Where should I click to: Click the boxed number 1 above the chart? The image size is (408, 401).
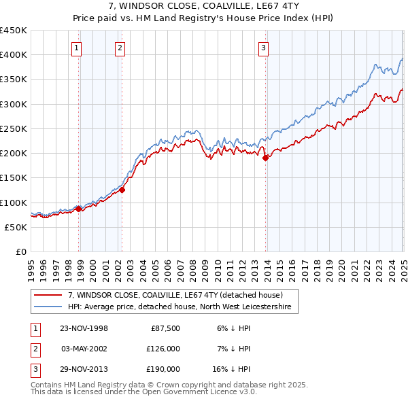77,48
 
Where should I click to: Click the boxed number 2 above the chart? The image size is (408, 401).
120,48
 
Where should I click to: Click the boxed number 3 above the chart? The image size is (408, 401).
263,48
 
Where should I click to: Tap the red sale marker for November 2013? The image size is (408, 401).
266,158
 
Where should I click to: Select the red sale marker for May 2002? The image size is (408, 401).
122,190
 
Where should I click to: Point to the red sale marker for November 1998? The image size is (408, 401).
79,209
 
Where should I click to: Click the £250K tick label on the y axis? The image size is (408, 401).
14,128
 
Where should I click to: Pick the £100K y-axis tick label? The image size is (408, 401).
14,203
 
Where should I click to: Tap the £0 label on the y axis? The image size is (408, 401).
21,251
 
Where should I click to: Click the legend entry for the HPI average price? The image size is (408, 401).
179,307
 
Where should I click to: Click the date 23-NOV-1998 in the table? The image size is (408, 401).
84,328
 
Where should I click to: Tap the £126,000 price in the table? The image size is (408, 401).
164,348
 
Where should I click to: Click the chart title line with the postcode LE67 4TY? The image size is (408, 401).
203,8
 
